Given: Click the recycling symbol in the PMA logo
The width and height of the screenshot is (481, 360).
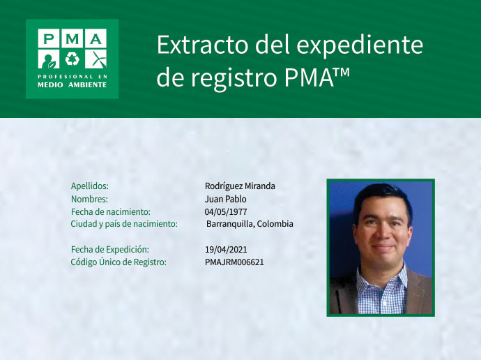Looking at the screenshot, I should click(x=72, y=58).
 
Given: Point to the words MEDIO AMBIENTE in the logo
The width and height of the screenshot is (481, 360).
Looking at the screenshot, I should click(x=72, y=84).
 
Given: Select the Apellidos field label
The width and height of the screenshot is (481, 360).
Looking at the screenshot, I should click(x=90, y=186).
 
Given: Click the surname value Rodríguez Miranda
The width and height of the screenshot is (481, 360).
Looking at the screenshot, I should click(x=240, y=186).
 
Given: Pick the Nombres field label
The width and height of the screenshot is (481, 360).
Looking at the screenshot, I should click(x=89, y=199).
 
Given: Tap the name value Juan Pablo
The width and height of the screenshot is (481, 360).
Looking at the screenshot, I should click(x=225, y=199).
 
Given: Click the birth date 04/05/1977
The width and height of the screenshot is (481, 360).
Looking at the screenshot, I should click(x=226, y=211).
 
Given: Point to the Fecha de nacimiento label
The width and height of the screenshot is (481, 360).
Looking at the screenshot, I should click(x=111, y=211).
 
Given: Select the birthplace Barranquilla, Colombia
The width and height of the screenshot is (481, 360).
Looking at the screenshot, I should click(x=250, y=224).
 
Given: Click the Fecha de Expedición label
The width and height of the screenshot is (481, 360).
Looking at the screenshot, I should click(x=110, y=249).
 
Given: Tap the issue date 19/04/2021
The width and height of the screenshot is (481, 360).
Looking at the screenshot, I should click(x=226, y=249).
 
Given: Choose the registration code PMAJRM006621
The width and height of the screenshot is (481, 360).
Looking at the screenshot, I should click(x=234, y=262).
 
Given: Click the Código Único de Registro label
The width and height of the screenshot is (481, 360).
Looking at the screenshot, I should click(x=119, y=262).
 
